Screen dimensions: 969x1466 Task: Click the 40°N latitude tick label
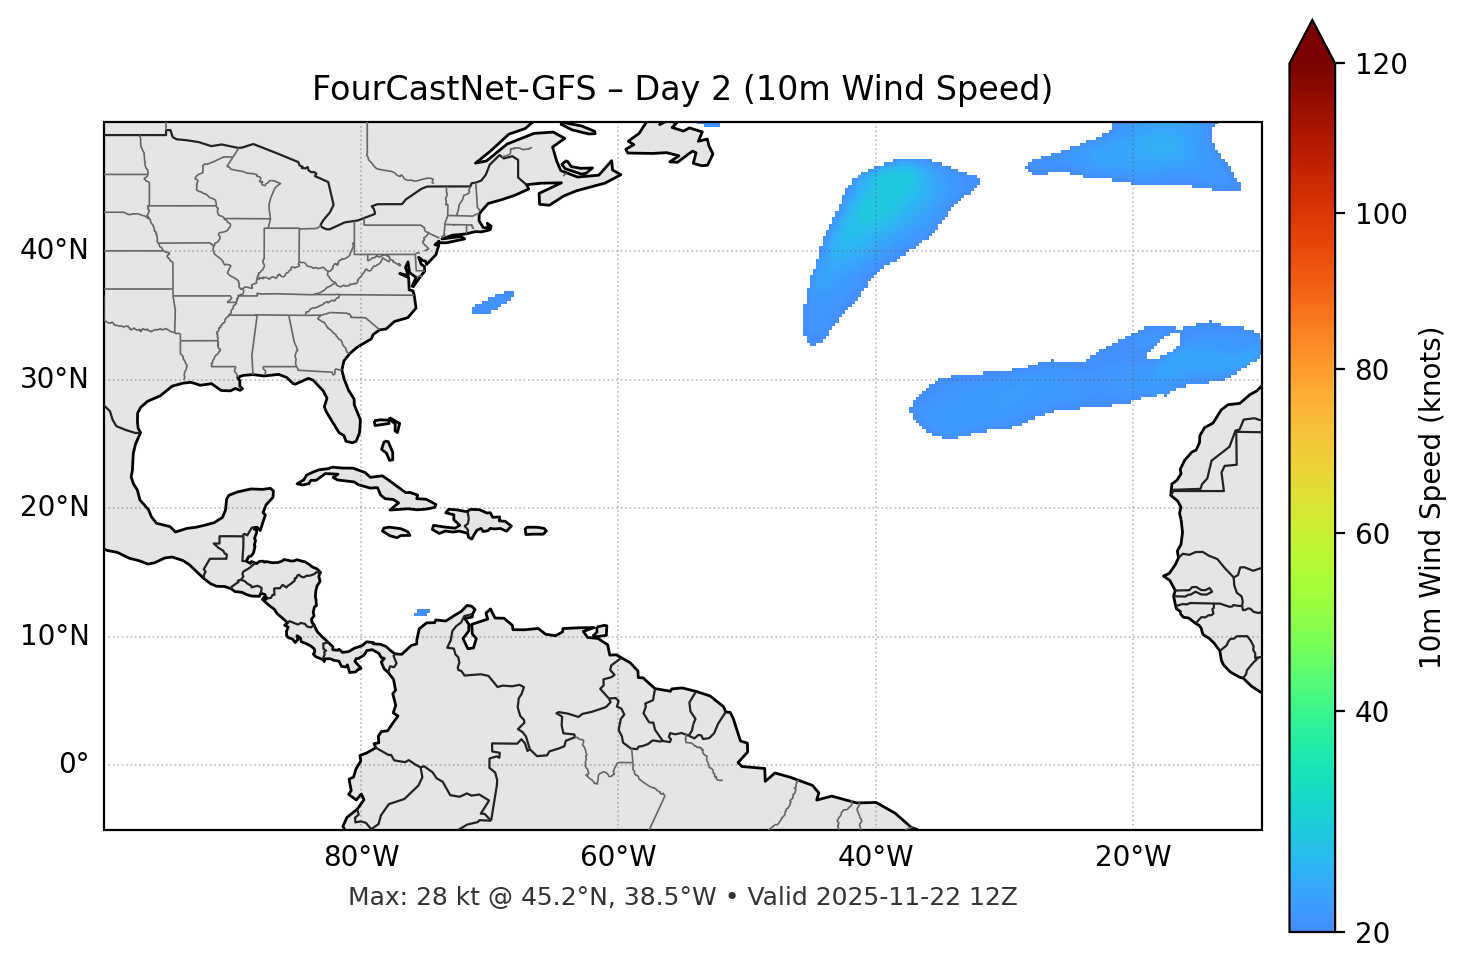tap(54, 250)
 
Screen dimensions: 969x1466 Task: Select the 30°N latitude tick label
tap(54, 379)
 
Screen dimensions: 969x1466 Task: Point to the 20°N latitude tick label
tap(54, 507)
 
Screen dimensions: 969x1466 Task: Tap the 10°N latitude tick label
tap(54, 636)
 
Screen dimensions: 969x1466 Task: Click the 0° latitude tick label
tap(74, 765)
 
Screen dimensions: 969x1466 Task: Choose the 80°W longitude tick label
tap(361, 857)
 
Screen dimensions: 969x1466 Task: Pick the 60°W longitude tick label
tap(618, 857)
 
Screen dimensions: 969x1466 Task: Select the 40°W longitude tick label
tap(876, 857)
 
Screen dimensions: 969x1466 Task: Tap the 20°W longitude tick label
tap(1133, 857)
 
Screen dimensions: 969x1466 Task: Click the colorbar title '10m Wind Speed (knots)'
tap(1431, 497)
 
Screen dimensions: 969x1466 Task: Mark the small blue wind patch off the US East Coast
tap(493, 302)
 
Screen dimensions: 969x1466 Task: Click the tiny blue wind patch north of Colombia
tap(422, 612)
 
